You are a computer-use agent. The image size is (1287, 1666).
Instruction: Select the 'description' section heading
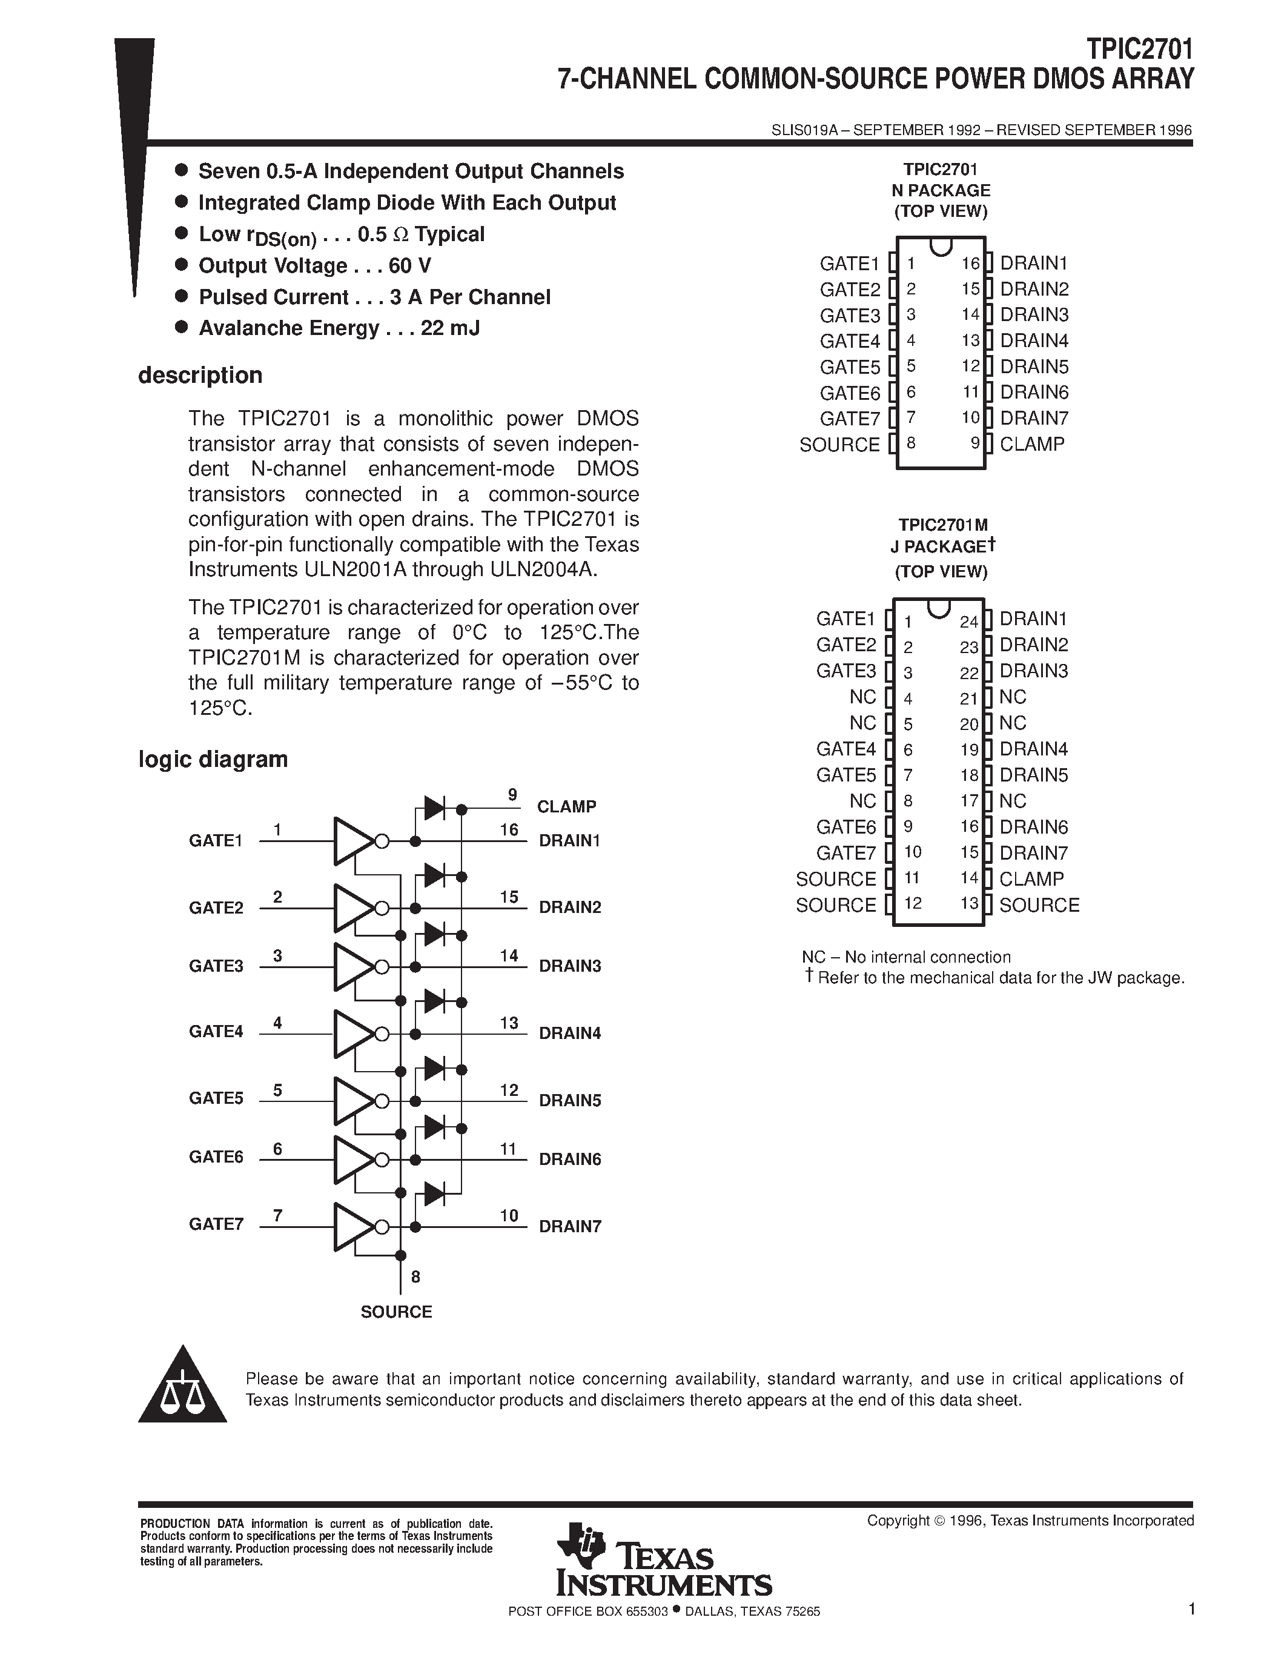tap(200, 376)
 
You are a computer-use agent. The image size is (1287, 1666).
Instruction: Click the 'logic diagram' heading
tap(213, 760)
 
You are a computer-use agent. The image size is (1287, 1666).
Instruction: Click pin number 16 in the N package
tap(970, 264)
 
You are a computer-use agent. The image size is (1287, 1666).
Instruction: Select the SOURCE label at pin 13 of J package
tap(1039, 906)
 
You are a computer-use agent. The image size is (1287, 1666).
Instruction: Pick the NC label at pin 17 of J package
tap(1013, 801)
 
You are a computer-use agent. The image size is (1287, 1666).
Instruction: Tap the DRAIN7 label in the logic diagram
tap(569, 1227)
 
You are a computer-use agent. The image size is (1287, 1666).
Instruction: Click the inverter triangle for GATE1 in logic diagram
tap(352, 841)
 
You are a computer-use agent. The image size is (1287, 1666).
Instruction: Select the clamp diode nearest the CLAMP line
tap(435, 808)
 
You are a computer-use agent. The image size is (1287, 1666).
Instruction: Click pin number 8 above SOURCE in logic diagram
tap(415, 1277)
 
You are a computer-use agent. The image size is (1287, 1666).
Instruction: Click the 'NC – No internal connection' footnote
tap(906, 957)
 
